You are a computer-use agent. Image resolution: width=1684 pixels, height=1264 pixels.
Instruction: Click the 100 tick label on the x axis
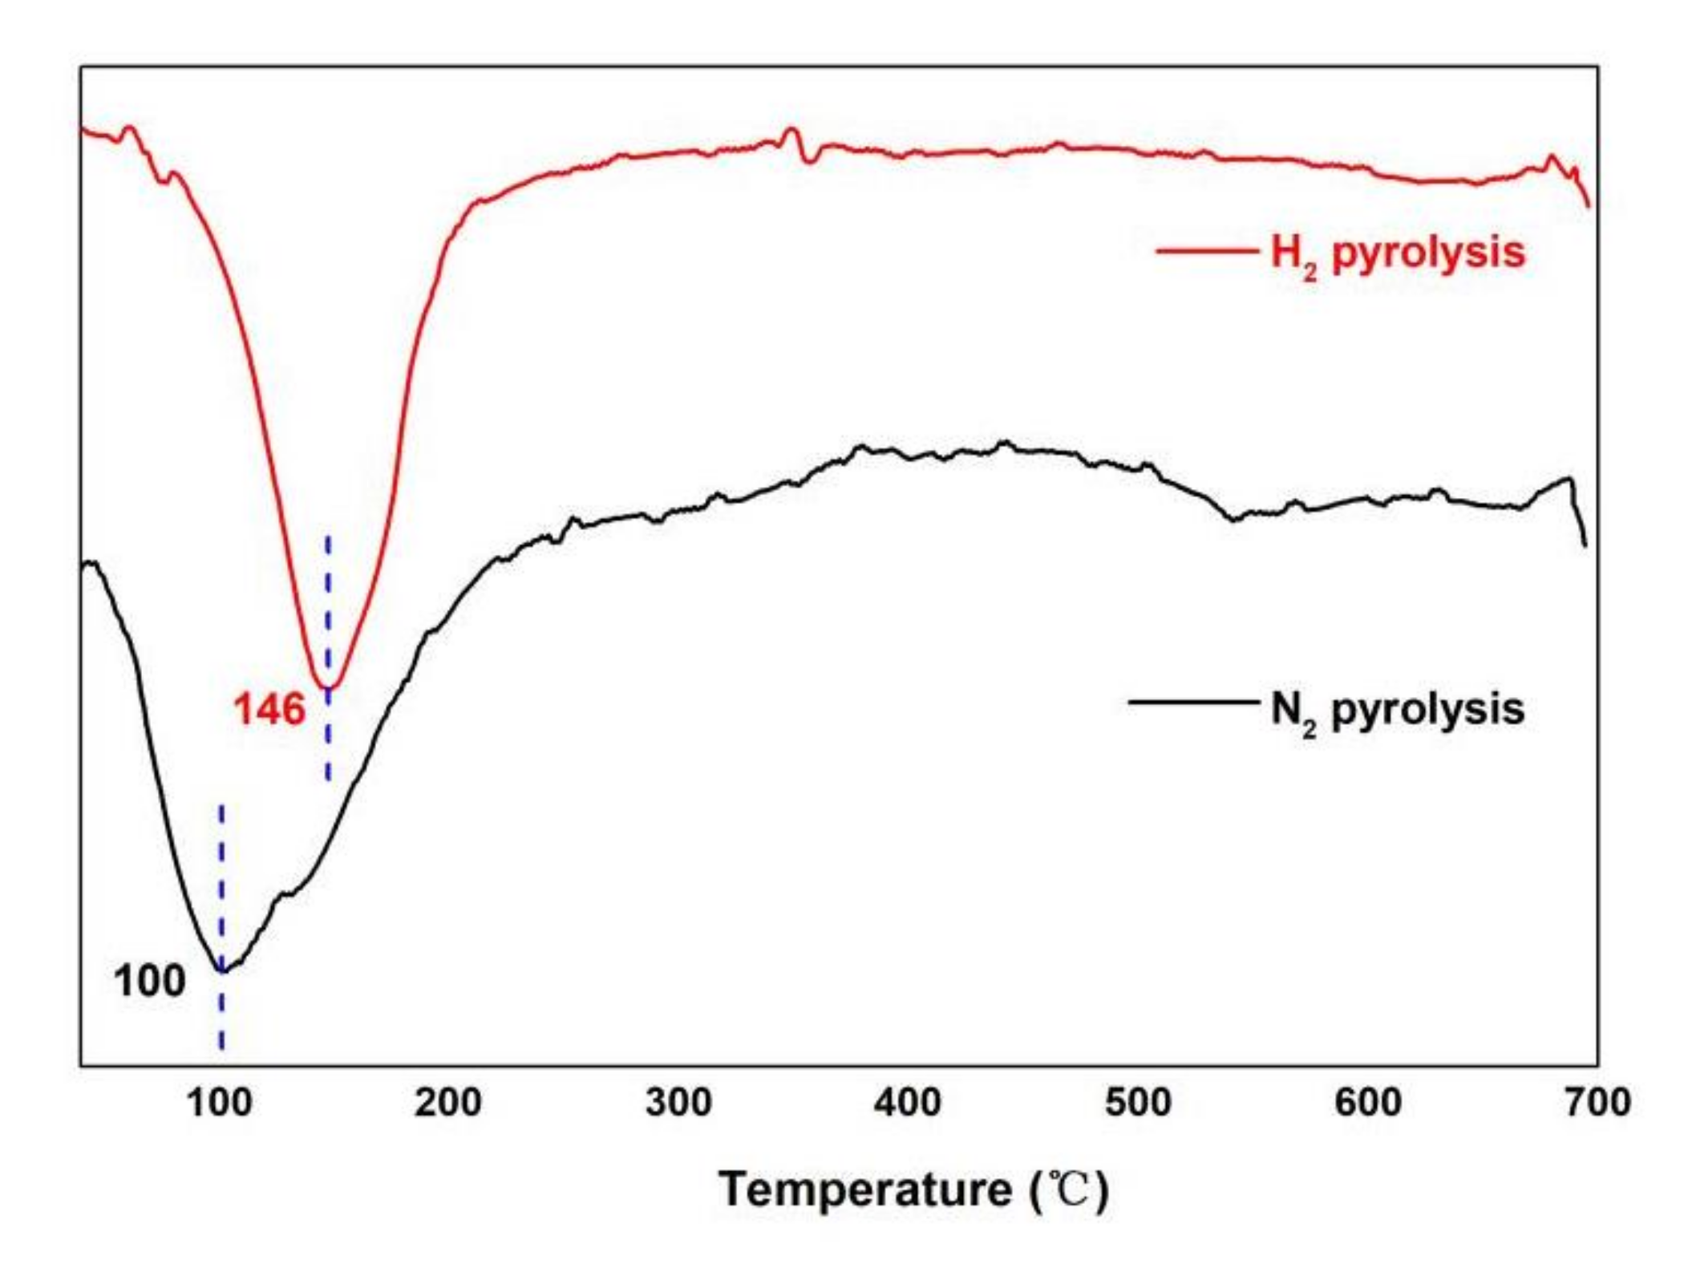(x=219, y=1103)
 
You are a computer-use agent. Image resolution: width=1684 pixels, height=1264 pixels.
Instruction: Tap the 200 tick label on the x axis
(x=447, y=1103)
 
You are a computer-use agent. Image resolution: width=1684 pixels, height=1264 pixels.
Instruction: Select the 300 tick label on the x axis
(x=678, y=1103)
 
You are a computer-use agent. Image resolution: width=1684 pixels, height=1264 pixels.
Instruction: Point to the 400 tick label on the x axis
(x=907, y=1103)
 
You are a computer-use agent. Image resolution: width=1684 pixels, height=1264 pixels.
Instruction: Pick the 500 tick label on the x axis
(x=1137, y=1103)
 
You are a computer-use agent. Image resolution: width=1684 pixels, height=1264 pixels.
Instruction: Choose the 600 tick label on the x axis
(x=1367, y=1103)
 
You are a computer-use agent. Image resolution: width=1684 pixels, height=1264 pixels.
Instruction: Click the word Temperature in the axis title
(x=864, y=1189)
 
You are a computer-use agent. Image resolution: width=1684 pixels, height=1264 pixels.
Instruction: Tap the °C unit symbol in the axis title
(x=1069, y=1190)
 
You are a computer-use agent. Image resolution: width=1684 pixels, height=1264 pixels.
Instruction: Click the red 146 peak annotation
(x=269, y=710)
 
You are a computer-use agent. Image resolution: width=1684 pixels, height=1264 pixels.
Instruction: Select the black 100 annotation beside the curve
(x=149, y=981)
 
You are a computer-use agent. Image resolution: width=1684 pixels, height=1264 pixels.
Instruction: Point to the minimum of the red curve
(x=328, y=687)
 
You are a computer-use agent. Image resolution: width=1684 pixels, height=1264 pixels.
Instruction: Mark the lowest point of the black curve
(x=222, y=970)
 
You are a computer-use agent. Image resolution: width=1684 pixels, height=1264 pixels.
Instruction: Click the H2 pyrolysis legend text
(x=1397, y=253)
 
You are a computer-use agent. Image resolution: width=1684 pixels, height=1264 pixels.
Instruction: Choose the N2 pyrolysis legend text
(x=1397, y=710)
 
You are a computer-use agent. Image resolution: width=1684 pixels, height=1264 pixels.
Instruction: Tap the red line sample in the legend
(x=1205, y=251)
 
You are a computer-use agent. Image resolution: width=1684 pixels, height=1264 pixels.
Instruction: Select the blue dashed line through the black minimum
(x=222, y=882)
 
